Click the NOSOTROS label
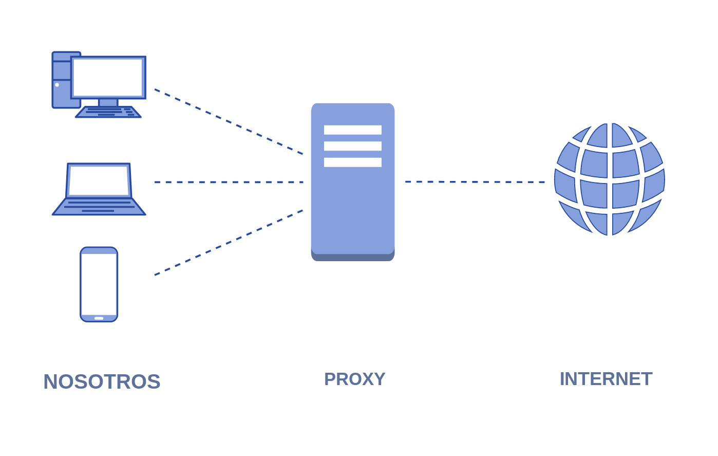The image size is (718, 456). (x=102, y=382)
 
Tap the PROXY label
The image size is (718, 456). (x=354, y=379)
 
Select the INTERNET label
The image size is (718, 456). (x=606, y=379)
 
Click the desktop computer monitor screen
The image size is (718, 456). (x=108, y=78)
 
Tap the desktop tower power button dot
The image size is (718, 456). (x=57, y=85)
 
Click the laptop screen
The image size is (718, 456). (x=99, y=180)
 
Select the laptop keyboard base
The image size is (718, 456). (x=99, y=207)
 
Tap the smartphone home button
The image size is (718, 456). (x=99, y=318)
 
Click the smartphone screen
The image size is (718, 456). (x=99, y=284)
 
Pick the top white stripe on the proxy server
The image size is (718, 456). (x=353, y=130)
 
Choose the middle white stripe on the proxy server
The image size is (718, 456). (x=353, y=146)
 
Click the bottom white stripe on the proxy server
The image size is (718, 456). (x=353, y=162)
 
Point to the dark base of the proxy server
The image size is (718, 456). (x=353, y=258)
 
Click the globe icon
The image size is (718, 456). (x=610, y=179)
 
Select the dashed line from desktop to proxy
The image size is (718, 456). (x=229, y=121)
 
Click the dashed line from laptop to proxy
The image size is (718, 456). (x=229, y=182)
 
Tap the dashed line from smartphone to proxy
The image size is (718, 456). (x=229, y=243)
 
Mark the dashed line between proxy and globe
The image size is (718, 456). (x=475, y=181)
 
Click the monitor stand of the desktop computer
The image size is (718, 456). (x=108, y=103)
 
